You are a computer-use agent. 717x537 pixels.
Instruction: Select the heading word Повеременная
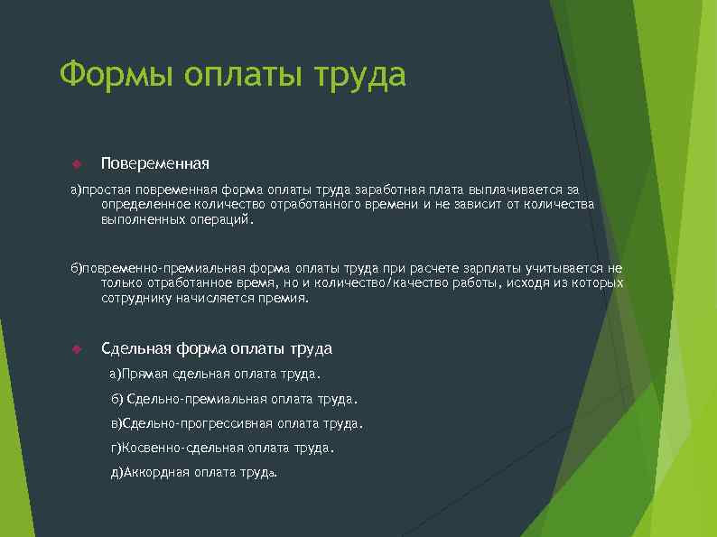pos(155,163)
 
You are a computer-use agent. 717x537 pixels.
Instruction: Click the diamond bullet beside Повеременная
pos(77,163)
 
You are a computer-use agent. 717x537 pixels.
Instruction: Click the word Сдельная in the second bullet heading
pos(136,348)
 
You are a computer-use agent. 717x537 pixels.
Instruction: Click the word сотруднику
pos(137,298)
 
